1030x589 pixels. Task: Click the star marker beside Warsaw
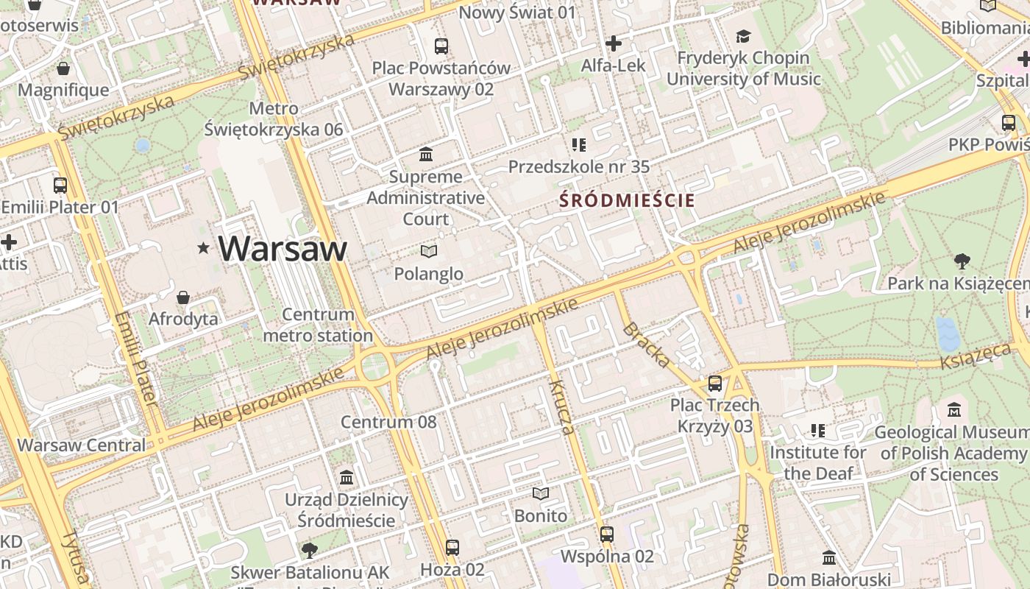203,249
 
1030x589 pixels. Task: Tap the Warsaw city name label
283,248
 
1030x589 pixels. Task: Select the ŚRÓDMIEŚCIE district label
627,200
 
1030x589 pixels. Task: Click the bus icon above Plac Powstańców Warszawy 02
441,46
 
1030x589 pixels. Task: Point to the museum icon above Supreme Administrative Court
426,155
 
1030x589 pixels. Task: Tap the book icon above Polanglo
429,252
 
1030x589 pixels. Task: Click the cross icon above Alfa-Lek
614,43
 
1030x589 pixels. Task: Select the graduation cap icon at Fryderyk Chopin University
744,36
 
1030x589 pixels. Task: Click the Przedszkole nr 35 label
579,167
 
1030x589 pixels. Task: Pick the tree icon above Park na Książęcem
962,261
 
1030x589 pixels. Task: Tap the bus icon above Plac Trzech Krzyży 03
715,384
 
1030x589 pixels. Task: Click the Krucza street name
561,407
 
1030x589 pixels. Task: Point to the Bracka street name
646,345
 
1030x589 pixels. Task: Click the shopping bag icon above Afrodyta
183,297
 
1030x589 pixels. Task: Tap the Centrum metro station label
318,325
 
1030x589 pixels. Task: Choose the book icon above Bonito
541,493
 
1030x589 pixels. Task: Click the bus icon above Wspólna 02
607,535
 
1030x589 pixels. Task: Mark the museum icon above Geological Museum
954,409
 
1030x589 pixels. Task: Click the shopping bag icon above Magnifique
63,68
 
